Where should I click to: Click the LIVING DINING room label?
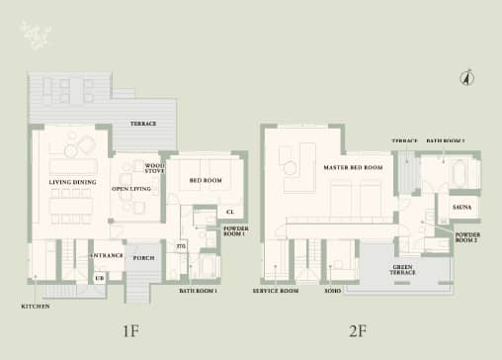[72, 183]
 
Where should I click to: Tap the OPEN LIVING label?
[130, 188]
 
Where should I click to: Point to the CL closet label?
[229, 212]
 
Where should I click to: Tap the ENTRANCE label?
[106, 256]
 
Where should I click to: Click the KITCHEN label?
[35, 307]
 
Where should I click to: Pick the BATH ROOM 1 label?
[198, 292]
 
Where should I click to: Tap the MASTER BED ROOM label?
[353, 168]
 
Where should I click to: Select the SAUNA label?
[460, 208]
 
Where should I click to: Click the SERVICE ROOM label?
[276, 292]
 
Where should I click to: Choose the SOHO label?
[333, 292]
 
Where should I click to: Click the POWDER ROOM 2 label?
[467, 237]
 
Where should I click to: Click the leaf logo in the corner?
[36, 37]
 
